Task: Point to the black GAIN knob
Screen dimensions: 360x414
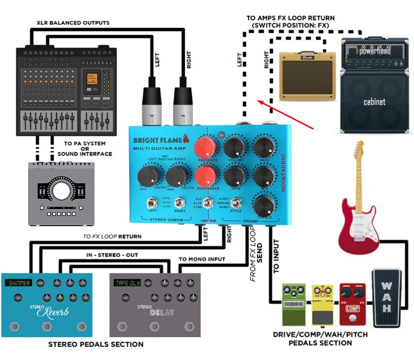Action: pos(235,177)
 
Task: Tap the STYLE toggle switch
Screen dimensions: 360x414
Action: pos(236,203)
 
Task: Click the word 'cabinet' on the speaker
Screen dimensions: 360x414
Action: pos(374,101)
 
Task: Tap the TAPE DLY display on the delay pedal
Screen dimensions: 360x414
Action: pos(127,283)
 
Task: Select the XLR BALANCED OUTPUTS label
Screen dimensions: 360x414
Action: pos(73,22)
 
